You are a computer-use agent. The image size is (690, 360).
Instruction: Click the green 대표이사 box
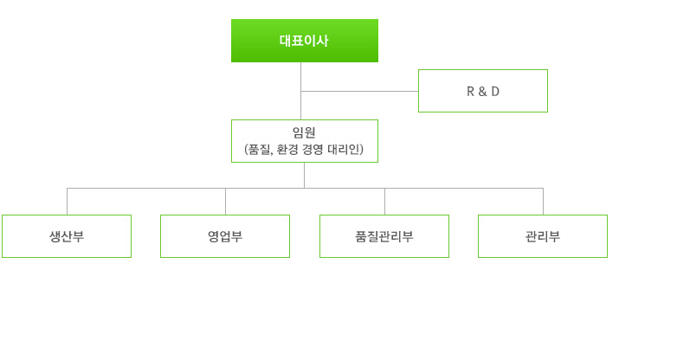(305, 41)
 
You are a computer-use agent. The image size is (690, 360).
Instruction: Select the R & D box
(483, 91)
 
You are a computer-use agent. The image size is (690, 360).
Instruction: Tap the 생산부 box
(67, 236)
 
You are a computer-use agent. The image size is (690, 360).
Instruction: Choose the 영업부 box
(225, 236)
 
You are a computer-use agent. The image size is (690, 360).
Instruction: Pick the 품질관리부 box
(384, 236)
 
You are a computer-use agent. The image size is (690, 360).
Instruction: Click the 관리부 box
(543, 236)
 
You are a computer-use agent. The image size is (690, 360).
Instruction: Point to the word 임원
(304, 132)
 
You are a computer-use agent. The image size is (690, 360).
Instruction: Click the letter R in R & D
(470, 91)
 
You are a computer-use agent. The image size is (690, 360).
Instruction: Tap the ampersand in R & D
(483, 91)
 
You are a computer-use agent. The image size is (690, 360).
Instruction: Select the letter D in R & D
(495, 91)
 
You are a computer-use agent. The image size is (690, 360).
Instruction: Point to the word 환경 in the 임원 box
(287, 149)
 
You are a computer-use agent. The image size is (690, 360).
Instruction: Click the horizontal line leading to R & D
(359, 91)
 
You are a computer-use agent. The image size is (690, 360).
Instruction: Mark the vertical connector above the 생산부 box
(67, 202)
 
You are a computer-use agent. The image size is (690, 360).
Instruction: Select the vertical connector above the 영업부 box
(225, 202)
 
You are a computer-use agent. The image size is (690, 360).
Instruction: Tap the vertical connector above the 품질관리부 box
(384, 202)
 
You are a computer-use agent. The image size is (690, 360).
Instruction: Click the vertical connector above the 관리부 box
(543, 202)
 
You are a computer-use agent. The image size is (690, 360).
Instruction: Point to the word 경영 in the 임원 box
(313, 149)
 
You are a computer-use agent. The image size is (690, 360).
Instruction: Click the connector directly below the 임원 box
(304, 175)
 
